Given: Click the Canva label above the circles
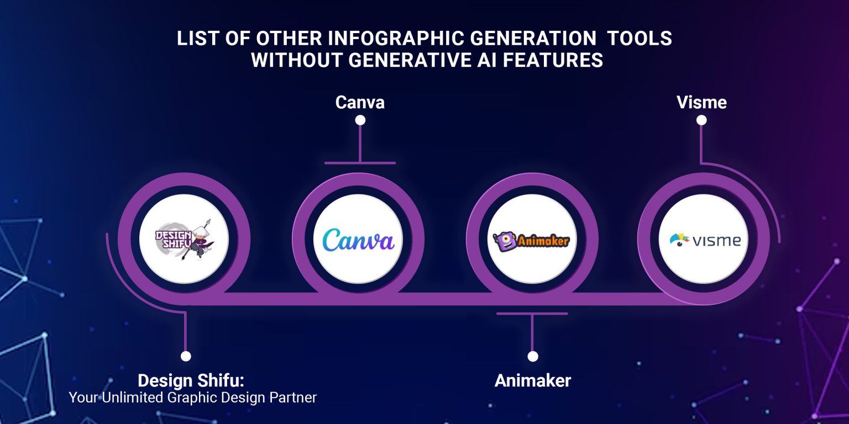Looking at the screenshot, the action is pyautogui.click(x=360, y=102).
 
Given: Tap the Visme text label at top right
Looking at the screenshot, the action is pyautogui.click(x=701, y=102).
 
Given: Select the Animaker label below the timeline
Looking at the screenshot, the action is pyautogui.click(x=532, y=380).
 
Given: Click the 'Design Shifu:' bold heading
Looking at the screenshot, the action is pyautogui.click(x=191, y=380).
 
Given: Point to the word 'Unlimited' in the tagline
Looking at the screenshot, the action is pyautogui.click(x=133, y=397).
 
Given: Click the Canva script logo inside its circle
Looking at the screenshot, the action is pyautogui.click(x=359, y=240).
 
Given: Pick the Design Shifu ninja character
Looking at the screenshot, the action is pyautogui.click(x=200, y=240).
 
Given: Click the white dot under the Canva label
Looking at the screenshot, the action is pyautogui.click(x=360, y=120).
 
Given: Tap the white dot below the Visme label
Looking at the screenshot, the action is pyautogui.click(x=701, y=120).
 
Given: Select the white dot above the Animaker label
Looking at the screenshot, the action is pyautogui.click(x=532, y=356).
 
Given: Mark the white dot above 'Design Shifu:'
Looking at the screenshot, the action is pyautogui.click(x=186, y=356).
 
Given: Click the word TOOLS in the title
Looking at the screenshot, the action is pyautogui.click(x=640, y=38).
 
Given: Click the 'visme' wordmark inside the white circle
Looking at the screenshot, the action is pyautogui.click(x=716, y=241).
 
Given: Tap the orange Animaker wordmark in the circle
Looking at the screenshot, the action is pyautogui.click(x=543, y=241).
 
